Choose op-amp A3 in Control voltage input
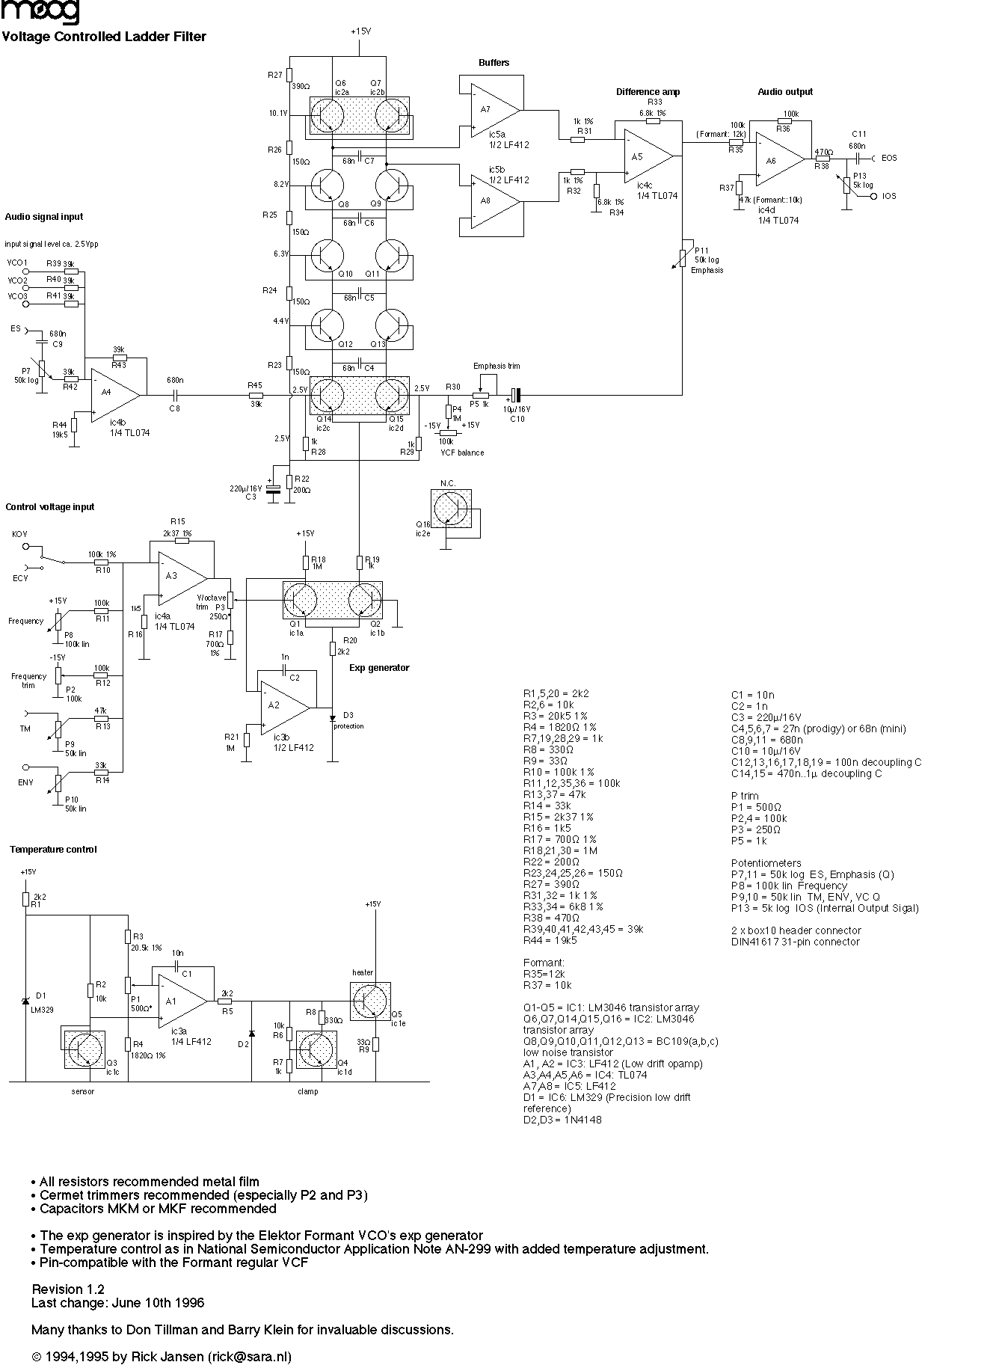click(177, 577)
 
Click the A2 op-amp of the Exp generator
click(280, 705)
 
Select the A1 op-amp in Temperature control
click(178, 1001)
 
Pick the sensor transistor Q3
click(82, 1051)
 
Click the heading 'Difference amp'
click(648, 92)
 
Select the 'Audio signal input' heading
click(44, 217)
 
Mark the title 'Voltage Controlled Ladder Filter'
click(104, 37)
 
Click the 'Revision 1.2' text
click(68, 1289)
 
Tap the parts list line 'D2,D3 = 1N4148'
click(562, 1120)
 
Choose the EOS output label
click(889, 159)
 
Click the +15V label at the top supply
click(360, 31)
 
